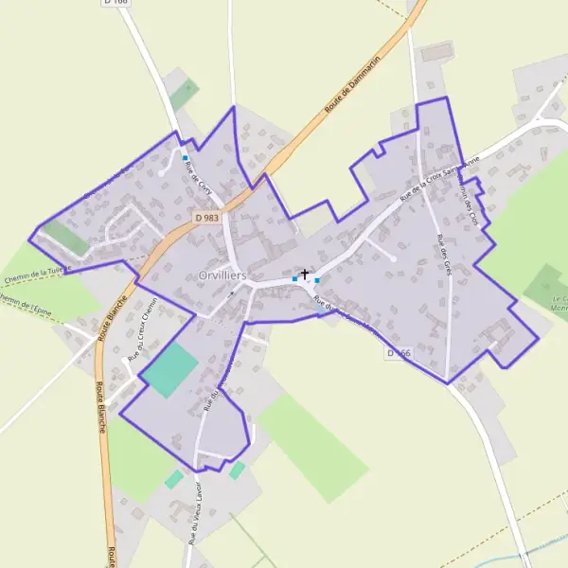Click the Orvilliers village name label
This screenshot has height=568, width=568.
click(223, 275)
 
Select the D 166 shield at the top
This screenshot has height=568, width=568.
click(115, 4)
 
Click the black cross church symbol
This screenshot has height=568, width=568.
click(304, 275)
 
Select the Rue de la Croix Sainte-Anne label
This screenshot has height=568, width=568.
click(437, 173)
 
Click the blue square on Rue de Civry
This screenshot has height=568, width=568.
click(186, 157)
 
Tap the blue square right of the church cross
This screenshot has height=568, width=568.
click(317, 280)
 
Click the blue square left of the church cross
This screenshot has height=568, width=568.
click(294, 279)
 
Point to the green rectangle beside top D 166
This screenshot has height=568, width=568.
click(184, 94)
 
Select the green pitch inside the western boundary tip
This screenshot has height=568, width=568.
click(65, 237)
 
